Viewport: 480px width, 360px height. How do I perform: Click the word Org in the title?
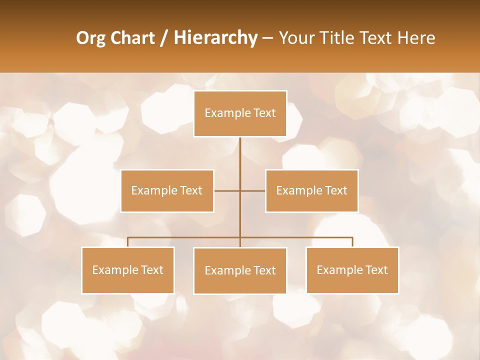(x=91, y=38)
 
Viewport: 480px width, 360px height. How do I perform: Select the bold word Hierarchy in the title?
(x=215, y=38)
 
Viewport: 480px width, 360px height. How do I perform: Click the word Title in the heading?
(x=339, y=38)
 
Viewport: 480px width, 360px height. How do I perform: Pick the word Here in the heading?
(x=416, y=38)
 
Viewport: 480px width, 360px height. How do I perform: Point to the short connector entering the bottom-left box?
(x=127, y=242)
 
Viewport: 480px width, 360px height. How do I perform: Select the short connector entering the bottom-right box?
(x=352, y=242)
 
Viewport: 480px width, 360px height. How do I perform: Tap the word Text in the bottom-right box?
(x=376, y=270)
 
